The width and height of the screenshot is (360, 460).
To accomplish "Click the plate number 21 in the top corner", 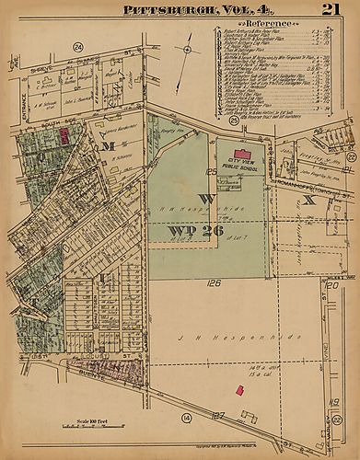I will tap(329, 9).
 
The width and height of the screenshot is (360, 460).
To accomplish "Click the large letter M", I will tap(108, 146).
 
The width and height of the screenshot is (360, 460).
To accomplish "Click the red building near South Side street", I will tap(64, 135).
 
